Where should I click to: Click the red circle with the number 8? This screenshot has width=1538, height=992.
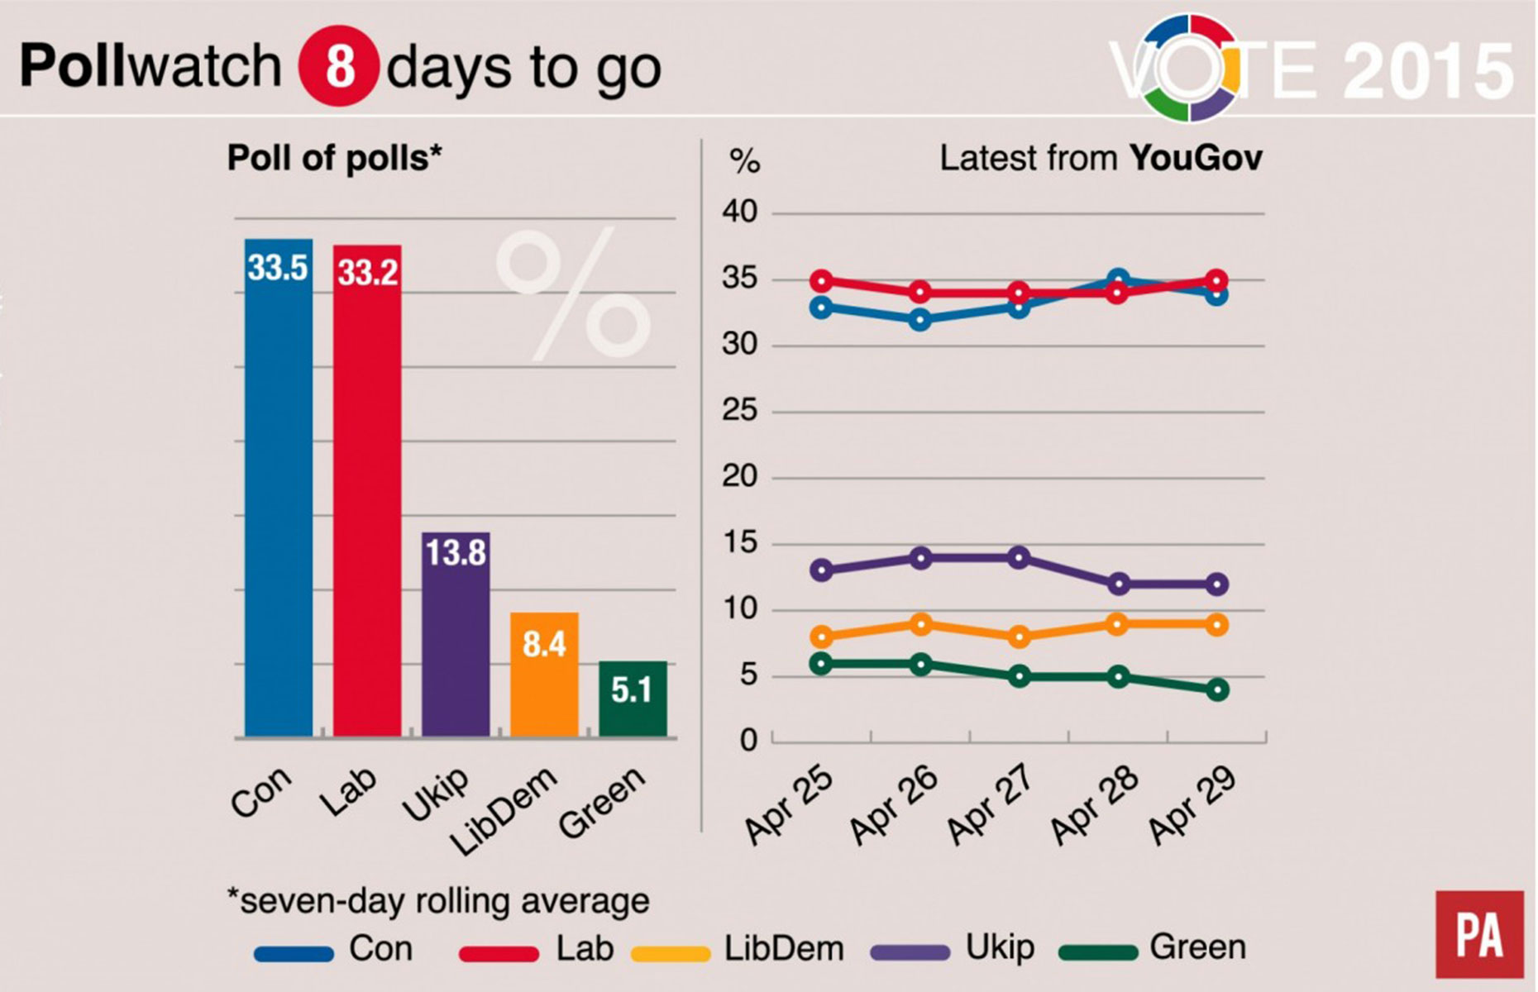pos(339,66)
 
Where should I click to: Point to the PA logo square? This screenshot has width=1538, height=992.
pos(1479,934)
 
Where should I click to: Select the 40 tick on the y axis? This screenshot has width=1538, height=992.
pos(739,212)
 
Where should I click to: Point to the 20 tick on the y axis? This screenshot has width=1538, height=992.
pos(739,477)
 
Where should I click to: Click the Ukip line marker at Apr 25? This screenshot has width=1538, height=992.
pos(821,570)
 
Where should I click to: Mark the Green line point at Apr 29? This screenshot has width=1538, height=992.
pos(1216,689)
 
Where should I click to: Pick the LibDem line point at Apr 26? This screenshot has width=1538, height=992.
pos(920,624)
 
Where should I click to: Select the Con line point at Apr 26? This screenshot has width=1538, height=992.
pos(920,320)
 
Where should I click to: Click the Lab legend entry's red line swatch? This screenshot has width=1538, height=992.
pos(498,953)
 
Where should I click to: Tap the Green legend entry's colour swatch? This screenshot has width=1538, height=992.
pos(1098,953)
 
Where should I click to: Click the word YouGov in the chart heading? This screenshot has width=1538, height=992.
pos(1196,158)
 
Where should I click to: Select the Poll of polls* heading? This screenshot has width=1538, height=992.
pos(334,158)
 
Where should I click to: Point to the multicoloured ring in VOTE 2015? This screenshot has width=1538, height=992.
pos(1191,68)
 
